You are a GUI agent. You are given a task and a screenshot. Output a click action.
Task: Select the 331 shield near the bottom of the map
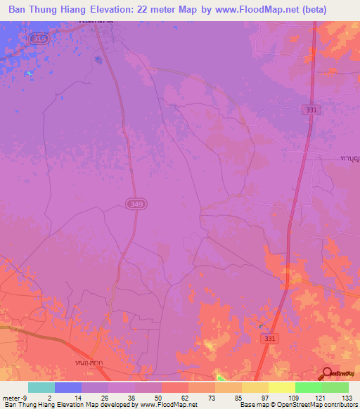[268, 339]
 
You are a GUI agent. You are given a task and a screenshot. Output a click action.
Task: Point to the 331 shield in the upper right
[311, 110]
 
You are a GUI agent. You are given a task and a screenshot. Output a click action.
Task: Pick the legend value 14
[68, 397]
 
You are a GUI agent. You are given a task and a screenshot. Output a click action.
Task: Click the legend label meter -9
[14, 397]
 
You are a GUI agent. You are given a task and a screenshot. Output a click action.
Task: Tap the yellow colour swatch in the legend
[282, 387]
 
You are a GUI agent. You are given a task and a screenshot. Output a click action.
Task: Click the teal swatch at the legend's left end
[41, 387]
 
